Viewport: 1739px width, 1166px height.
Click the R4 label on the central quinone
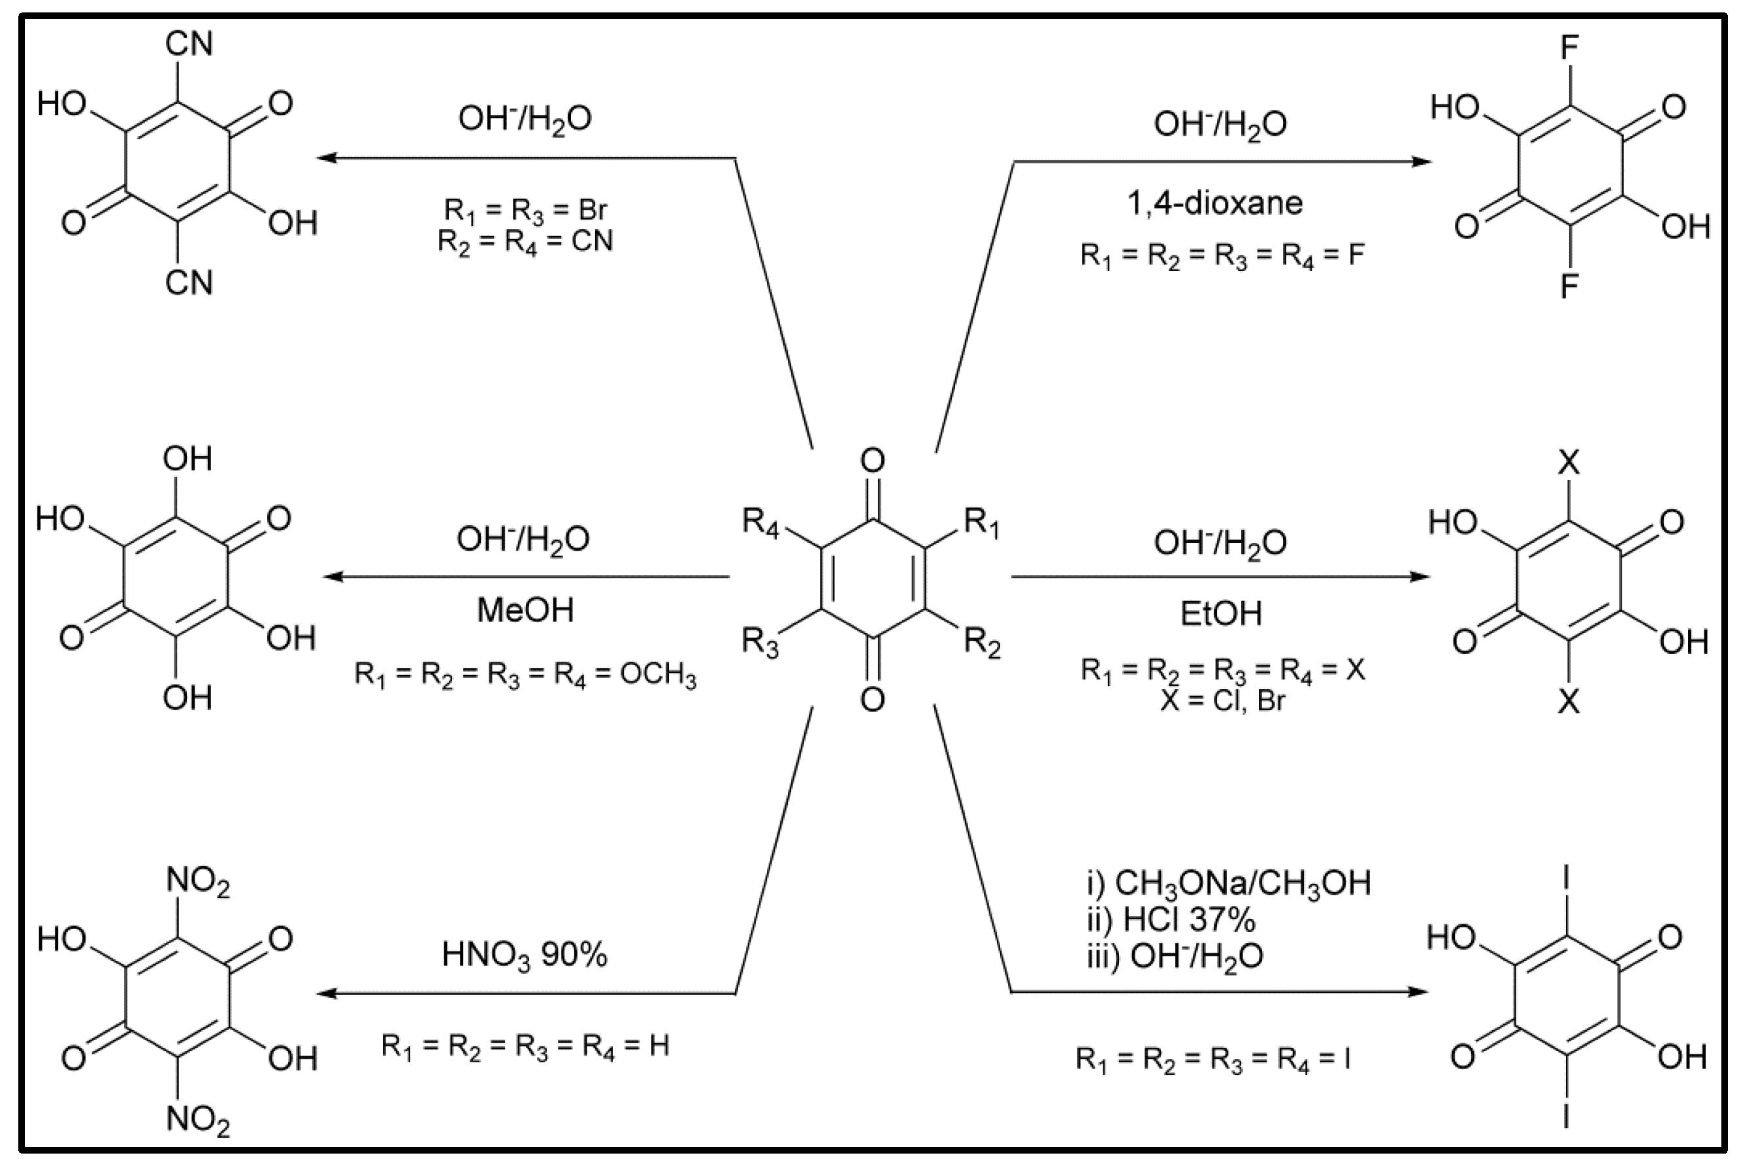tap(760, 522)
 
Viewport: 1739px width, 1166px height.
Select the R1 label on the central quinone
tap(981, 522)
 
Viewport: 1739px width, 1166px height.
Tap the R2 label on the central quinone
tap(982, 641)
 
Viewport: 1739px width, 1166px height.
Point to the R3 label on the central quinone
tap(760, 641)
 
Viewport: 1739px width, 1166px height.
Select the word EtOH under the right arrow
tap(1221, 613)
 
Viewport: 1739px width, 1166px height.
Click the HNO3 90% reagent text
tap(524, 956)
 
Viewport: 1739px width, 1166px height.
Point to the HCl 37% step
tap(1188, 920)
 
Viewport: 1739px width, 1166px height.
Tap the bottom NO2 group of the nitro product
tap(197, 1120)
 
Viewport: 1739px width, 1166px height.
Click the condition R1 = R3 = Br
tap(525, 210)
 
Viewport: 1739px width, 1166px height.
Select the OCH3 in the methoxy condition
tap(658, 675)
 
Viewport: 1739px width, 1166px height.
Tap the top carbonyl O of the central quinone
tap(872, 461)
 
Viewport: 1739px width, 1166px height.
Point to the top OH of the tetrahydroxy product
tap(187, 459)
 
